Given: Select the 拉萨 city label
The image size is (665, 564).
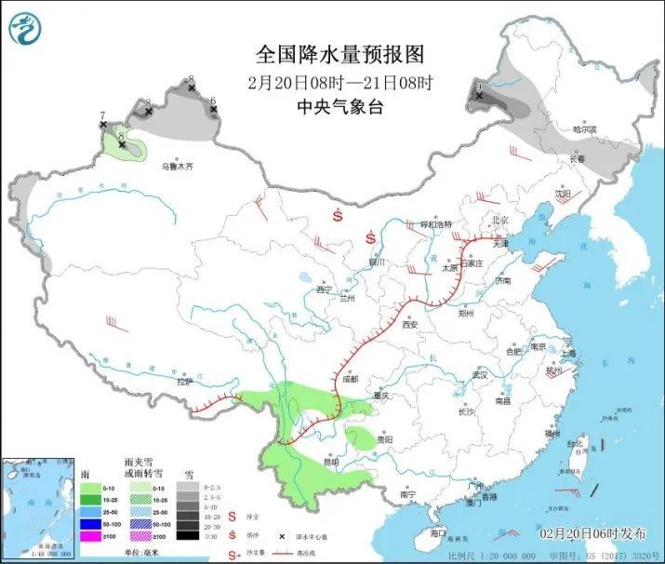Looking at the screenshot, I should (x=184, y=381).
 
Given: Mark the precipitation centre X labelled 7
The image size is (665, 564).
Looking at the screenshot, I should (x=103, y=125).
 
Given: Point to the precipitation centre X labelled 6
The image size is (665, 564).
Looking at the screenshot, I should (x=213, y=110).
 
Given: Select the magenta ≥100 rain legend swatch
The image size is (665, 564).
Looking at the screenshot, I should (x=90, y=537).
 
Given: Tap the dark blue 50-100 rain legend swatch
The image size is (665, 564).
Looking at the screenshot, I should (x=90, y=524).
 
